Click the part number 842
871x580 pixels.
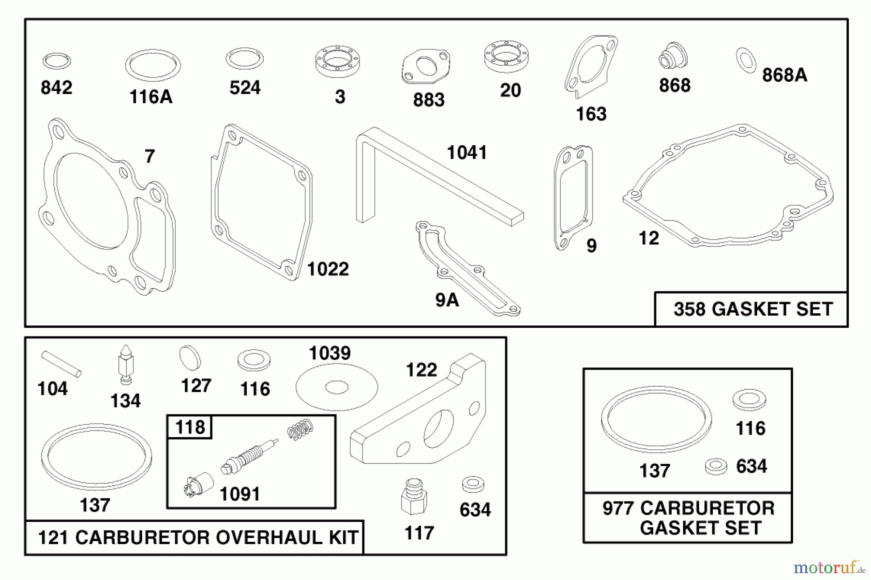pos(56,88)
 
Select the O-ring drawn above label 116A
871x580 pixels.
pos(153,65)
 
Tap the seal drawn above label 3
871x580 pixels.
pos(337,61)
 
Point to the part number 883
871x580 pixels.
pos(428,100)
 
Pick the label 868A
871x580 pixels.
pos(784,76)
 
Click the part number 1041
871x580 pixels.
pos(466,153)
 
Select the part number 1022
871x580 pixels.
pos(328,269)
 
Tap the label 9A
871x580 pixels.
pos(447,300)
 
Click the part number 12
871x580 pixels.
pos(648,238)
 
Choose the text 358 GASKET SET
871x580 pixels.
pos(753,309)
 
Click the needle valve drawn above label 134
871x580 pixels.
pos(126,364)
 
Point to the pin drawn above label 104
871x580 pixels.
pos(61,363)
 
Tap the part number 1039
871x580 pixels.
pos(330,353)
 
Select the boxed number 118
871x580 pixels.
pos(190,427)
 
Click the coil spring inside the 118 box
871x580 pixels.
pos(300,429)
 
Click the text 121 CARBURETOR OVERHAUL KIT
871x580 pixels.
pos(197,537)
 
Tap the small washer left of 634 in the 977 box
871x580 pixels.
pos(716,466)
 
